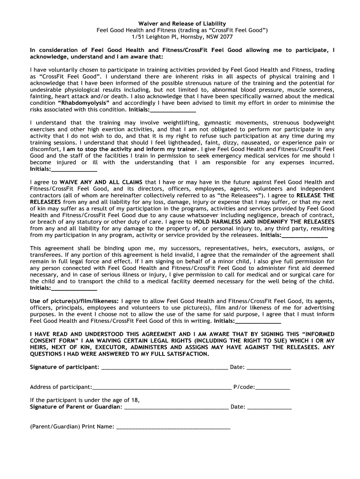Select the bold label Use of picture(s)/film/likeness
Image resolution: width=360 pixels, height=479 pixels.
coord(74,301)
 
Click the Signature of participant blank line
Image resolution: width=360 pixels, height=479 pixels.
coord(164,368)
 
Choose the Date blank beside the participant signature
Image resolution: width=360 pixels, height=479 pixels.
coord(269,368)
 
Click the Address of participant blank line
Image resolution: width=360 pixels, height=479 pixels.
coord(161,388)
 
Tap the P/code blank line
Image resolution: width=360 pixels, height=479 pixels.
coord(273,388)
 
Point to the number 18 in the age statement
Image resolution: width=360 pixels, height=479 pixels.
coord(135,400)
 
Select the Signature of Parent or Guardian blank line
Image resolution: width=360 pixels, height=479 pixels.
coord(176,407)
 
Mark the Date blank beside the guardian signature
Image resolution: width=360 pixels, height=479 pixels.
coord(269,407)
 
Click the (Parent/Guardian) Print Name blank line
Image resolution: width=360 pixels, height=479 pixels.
coord(173,428)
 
